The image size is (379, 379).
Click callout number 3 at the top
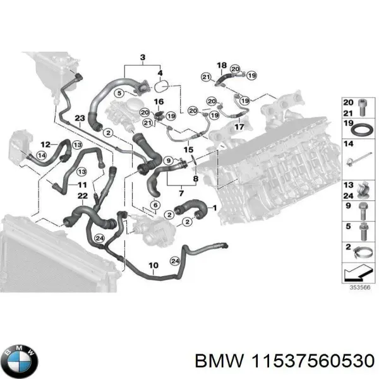click(143, 59)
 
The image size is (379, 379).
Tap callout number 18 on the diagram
click(222, 66)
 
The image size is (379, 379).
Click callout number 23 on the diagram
click(79, 119)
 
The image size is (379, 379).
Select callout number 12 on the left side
click(46, 144)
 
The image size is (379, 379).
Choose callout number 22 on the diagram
click(81, 196)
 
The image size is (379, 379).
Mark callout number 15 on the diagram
click(188, 150)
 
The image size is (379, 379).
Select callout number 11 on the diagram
click(82, 184)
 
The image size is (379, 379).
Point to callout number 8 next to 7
click(195, 180)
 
